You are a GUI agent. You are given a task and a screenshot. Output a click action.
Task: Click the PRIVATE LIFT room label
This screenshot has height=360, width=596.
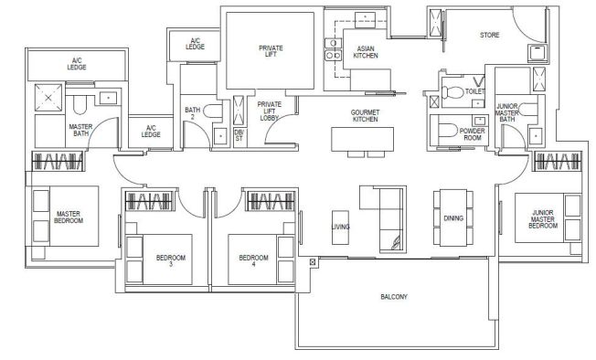pyautogui.click(x=271, y=51)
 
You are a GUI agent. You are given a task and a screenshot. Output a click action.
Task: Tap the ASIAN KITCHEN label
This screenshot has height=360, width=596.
pyautogui.click(x=366, y=52)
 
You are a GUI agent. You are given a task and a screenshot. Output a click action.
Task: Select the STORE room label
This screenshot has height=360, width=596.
pyautogui.click(x=490, y=35)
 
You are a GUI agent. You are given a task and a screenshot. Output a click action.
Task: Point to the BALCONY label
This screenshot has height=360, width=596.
pyautogui.click(x=394, y=297)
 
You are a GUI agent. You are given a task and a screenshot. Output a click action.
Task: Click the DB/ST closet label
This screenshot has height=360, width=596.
pyautogui.click(x=239, y=135)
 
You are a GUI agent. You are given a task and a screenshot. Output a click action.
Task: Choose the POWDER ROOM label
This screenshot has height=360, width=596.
pyautogui.click(x=472, y=134)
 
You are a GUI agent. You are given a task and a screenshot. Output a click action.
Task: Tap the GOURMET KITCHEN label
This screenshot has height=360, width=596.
pyautogui.click(x=365, y=116)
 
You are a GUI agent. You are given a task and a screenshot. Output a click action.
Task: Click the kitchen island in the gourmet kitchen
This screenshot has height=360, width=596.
pyautogui.click(x=362, y=140)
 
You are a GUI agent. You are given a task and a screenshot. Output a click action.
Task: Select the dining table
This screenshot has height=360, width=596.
pyautogui.click(x=453, y=217)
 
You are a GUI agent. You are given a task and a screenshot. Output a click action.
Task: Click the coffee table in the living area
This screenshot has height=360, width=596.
pyautogui.click(x=340, y=228)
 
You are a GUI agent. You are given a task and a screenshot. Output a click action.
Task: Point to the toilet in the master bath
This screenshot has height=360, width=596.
pyautogui.click(x=80, y=104)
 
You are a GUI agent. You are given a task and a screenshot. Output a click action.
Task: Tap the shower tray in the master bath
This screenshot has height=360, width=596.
pyautogui.click(x=48, y=98)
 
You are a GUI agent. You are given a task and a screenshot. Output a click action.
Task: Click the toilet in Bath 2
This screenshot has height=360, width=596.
pyautogui.click(x=213, y=111)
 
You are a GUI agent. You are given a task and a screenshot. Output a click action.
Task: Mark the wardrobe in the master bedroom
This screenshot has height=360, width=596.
pyautogui.click(x=58, y=161)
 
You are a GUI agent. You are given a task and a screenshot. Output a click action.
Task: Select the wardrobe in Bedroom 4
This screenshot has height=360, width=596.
pyautogui.click(x=271, y=201)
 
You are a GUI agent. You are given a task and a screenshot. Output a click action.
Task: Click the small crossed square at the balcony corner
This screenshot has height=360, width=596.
pyautogui.click(x=313, y=262)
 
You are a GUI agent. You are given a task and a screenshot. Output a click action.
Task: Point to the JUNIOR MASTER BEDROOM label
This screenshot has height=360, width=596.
pyautogui.click(x=543, y=219)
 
